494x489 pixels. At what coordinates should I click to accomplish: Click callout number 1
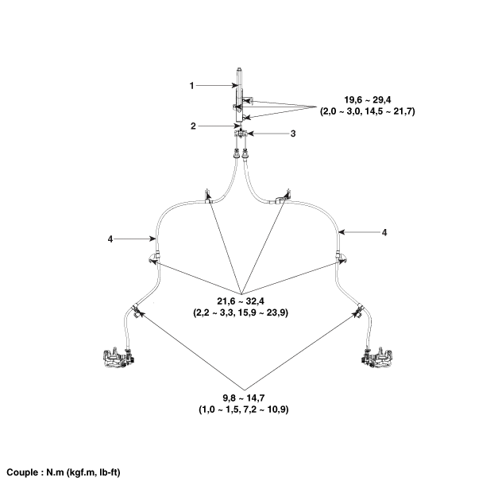pos(191,86)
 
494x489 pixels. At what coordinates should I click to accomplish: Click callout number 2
pos(193,126)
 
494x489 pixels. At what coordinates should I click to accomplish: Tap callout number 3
pos(293,134)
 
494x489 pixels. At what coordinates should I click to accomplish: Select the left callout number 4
pos(110,239)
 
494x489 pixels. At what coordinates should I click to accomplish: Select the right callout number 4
pos(384,233)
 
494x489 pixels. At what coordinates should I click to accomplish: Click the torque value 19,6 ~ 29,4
pos(368,100)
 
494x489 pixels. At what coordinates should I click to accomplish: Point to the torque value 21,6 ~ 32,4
pos(241,301)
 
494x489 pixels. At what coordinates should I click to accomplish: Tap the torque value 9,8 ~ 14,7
pos(244,398)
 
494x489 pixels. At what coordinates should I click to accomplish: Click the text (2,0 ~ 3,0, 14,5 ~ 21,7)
pos(368,111)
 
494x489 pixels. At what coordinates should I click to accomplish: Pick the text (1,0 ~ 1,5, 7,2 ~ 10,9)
pos(244,409)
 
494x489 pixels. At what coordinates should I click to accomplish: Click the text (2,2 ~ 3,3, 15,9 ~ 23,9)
pos(241,312)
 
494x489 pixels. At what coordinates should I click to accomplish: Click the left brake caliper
pos(118,358)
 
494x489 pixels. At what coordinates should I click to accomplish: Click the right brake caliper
pos(376,358)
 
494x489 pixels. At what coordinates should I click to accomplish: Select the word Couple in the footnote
pos(21,472)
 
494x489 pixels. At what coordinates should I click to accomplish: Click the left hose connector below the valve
pos(235,154)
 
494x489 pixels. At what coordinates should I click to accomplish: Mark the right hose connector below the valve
pos(245,154)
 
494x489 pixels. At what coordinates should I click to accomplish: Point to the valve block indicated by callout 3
pos(241,134)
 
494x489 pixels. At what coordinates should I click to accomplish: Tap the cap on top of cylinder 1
pos(240,70)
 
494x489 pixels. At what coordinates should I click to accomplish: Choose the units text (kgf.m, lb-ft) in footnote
pos(94,472)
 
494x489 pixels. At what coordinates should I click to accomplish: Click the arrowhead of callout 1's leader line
pos(235,86)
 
